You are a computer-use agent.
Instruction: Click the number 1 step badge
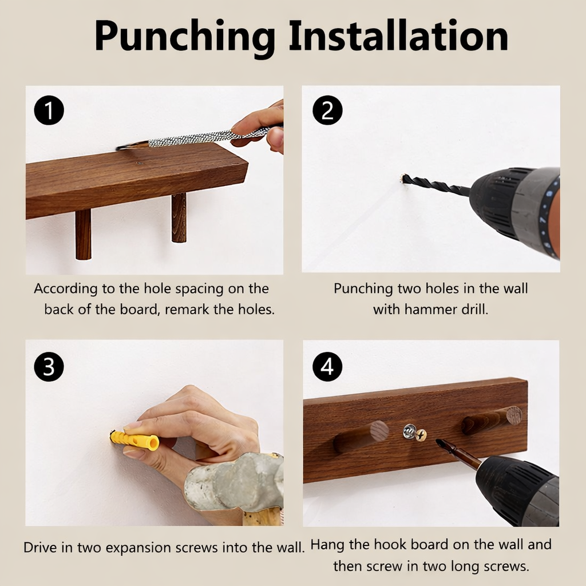49,110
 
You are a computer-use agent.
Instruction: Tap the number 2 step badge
327,110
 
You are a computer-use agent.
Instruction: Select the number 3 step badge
49,367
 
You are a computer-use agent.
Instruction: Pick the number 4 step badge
327,367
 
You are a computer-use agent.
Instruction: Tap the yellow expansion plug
134,440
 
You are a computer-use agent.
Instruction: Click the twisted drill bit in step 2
435,185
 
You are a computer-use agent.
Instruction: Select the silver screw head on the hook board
410,431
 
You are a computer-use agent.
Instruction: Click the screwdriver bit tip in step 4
438,443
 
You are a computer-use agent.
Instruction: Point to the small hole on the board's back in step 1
140,163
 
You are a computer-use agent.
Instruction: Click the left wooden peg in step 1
83,234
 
